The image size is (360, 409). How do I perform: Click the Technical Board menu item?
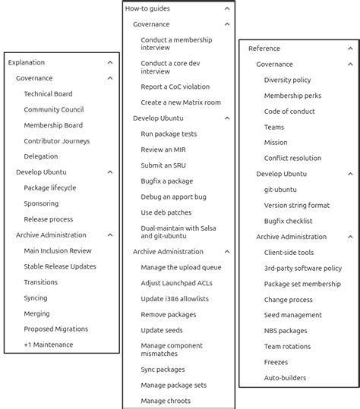[x=48, y=94]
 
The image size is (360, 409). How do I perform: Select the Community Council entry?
[x=53, y=110]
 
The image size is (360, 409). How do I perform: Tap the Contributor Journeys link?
[x=56, y=141]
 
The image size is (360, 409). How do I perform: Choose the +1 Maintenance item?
[x=48, y=345]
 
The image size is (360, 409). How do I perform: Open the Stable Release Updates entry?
[x=59, y=266]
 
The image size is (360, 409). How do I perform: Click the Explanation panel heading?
[x=27, y=62]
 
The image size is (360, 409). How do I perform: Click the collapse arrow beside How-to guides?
[x=227, y=8]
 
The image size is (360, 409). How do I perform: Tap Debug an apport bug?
[x=173, y=197]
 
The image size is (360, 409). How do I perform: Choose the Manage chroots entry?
[x=166, y=401]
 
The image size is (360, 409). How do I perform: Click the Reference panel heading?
[x=264, y=49]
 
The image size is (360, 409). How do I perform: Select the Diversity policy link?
[x=287, y=80]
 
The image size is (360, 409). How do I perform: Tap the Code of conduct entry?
[x=289, y=112]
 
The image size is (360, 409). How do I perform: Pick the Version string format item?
[x=296, y=205]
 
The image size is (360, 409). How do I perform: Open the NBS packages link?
[x=286, y=330]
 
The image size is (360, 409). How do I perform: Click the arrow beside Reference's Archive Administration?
[x=349, y=237]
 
